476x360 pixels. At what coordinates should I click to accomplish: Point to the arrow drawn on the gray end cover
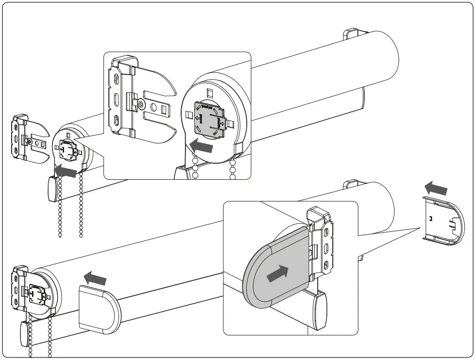tap(277, 273)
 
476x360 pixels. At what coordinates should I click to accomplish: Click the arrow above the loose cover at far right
tap(436, 188)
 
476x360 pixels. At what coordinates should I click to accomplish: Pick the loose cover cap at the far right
tap(443, 220)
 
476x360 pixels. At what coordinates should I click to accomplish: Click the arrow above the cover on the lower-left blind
tap(96, 278)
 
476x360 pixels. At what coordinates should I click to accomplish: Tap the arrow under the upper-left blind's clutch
tap(66, 170)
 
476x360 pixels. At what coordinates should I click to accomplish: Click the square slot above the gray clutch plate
tap(210, 92)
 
